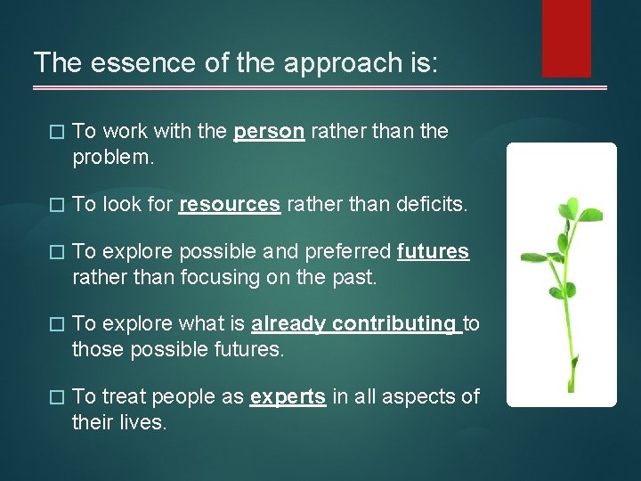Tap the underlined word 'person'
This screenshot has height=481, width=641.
269,132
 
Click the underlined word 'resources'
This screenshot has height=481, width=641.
230,204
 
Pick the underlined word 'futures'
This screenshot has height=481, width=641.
433,252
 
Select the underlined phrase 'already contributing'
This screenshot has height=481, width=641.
353,324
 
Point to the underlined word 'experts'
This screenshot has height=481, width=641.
288,397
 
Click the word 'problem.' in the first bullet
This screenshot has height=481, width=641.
113,158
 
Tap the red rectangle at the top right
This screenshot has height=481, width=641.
566,37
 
